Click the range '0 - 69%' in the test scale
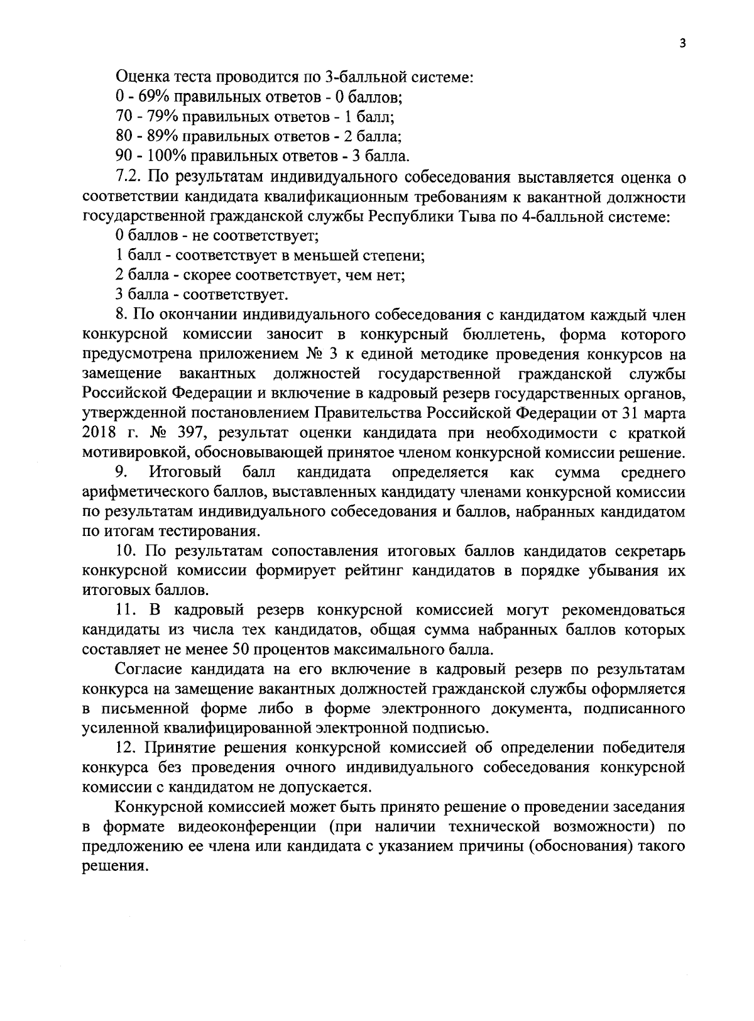(x=143, y=97)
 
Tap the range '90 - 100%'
(x=148, y=155)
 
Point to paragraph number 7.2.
(x=130, y=175)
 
